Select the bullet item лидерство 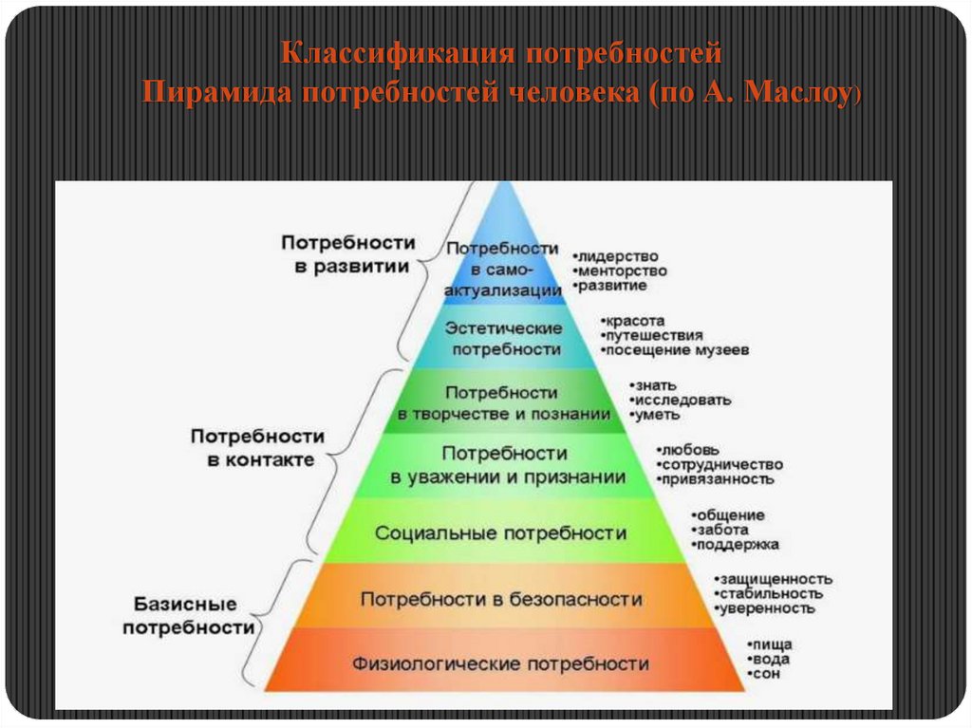pos(617,257)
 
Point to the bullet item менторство pos(622,271)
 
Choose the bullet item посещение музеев pos(677,350)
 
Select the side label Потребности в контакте pos(258,448)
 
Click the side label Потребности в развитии pos(348,254)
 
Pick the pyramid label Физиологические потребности pos(501,663)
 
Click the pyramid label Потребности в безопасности pos(501,600)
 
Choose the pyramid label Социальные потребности pos(501,533)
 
